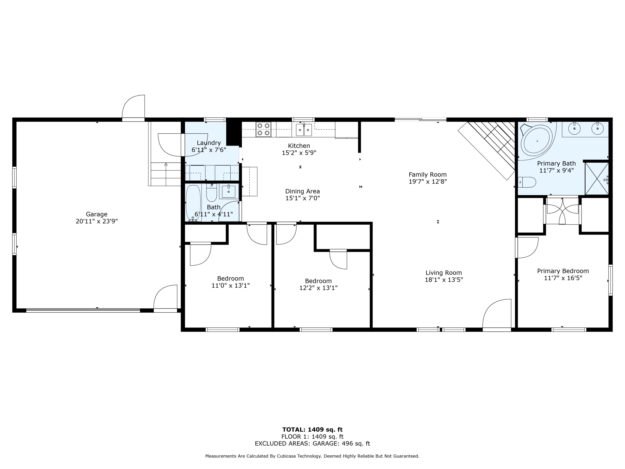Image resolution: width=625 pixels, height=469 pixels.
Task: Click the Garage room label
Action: [x=97, y=214]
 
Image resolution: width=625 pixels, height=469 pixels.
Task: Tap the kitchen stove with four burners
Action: [x=263, y=129]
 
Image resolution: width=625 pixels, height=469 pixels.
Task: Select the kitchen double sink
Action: [x=304, y=130]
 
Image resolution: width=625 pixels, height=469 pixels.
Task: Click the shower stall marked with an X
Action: [x=596, y=179]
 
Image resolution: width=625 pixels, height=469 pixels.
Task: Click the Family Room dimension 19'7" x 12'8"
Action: [x=427, y=182]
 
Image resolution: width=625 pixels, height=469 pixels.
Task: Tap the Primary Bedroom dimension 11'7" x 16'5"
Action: [x=563, y=278]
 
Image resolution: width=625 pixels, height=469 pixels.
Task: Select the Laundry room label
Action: [x=209, y=143]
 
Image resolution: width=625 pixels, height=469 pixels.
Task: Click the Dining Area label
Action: [x=302, y=191]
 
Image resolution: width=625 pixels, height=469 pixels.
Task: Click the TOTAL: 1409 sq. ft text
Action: [x=312, y=430]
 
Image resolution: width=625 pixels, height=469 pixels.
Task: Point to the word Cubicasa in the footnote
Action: [x=286, y=456]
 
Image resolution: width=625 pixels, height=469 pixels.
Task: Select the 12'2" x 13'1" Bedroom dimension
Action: [x=318, y=288]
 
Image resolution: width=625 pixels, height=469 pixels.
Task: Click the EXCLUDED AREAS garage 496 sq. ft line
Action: [x=312, y=444]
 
